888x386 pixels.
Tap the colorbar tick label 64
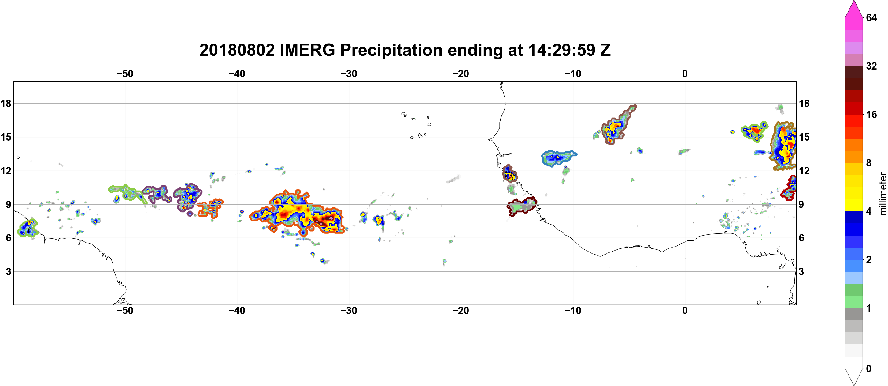[x=871, y=17]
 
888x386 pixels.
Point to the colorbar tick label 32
[x=871, y=66]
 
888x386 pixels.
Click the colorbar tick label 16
[x=871, y=114]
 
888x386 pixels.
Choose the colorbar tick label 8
[x=869, y=163]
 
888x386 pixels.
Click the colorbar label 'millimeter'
[x=883, y=194]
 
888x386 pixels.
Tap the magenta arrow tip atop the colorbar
[x=854, y=2]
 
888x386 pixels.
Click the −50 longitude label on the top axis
[x=125, y=74]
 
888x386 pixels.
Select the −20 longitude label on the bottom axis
[x=461, y=311]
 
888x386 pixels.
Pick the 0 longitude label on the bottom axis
[x=685, y=311]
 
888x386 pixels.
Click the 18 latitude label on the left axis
[x=6, y=103]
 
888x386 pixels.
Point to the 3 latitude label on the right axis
[x=801, y=272]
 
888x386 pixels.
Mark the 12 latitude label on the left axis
[x=6, y=171]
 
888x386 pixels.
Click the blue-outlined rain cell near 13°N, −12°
[x=558, y=158]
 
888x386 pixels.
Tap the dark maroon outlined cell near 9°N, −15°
[x=521, y=206]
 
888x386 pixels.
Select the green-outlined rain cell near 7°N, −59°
[x=27, y=228]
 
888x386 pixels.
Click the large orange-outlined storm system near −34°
[x=297, y=213]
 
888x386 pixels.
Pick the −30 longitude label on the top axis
[x=349, y=74]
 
